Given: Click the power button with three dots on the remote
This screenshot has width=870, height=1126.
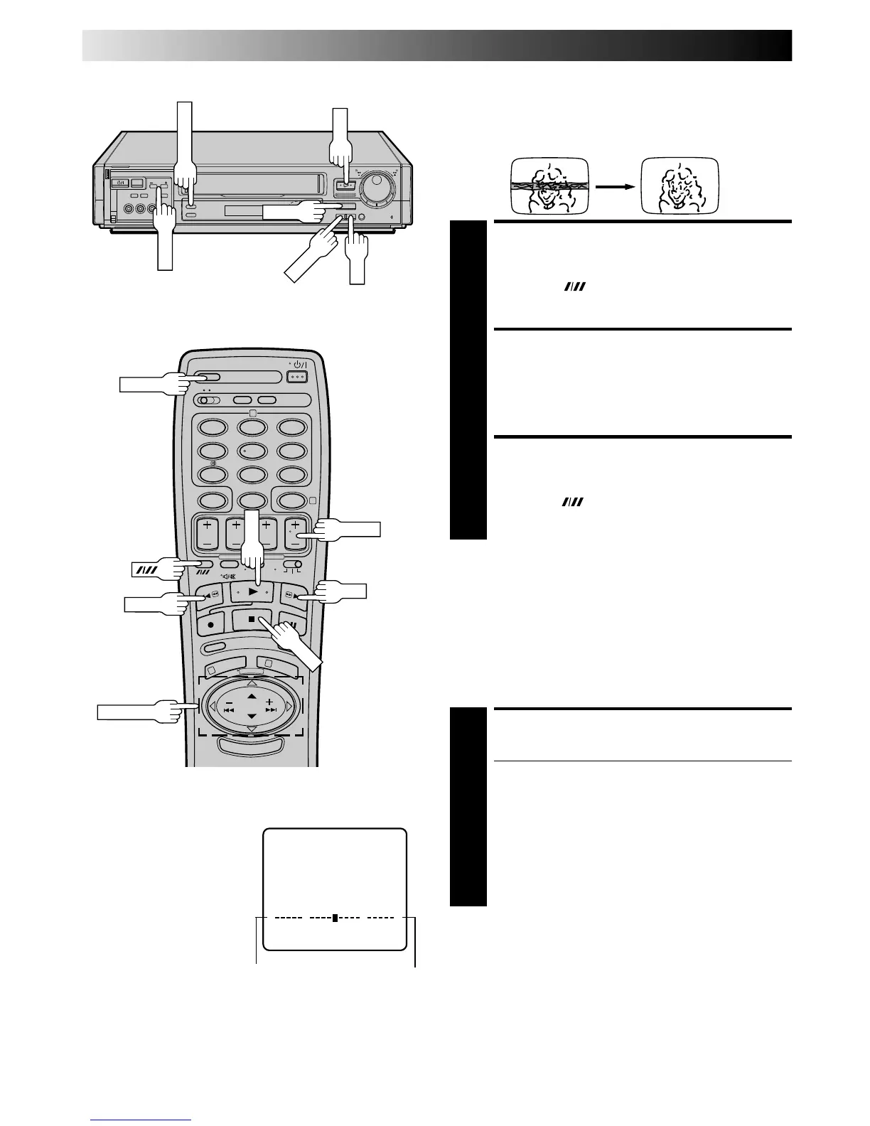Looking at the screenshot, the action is [x=297, y=376].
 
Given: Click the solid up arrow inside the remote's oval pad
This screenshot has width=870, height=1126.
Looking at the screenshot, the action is [x=251, y=695].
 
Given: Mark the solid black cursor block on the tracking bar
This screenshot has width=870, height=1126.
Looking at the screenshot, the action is [x=335, y=918].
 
